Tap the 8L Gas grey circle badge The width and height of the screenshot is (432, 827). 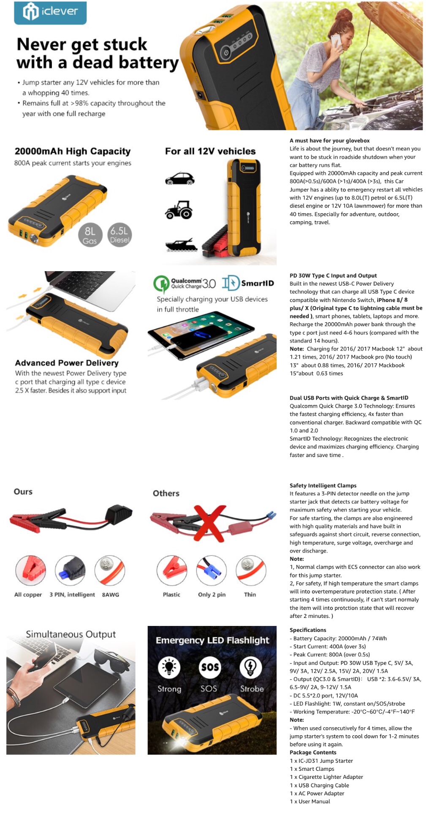[x=90, y=235]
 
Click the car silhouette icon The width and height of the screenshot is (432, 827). [x=180, y=179]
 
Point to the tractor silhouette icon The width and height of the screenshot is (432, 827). [x=179, y=209]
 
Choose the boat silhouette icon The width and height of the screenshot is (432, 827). [x=182, y=245]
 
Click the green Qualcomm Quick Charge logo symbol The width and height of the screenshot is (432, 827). [x=161, y=284]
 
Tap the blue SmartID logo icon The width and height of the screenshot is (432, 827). [x=231, y=283]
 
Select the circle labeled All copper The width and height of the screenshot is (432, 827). [x=30, y=571]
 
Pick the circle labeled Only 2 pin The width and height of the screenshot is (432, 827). [x=212, y=571]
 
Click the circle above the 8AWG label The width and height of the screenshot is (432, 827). [x=110, y=571]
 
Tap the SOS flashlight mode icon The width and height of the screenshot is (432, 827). [x=210, y=667]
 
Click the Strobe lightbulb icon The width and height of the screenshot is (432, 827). [x=251, y=667]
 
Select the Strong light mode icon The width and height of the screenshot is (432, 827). [x=169, y=667]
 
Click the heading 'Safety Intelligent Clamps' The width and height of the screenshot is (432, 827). [x=323, y=485]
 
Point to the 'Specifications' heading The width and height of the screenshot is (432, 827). [x=308, y=630]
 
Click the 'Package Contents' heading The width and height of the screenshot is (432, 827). [x=313, y=752]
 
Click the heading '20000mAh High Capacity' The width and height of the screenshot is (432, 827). [x=73, y=151]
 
